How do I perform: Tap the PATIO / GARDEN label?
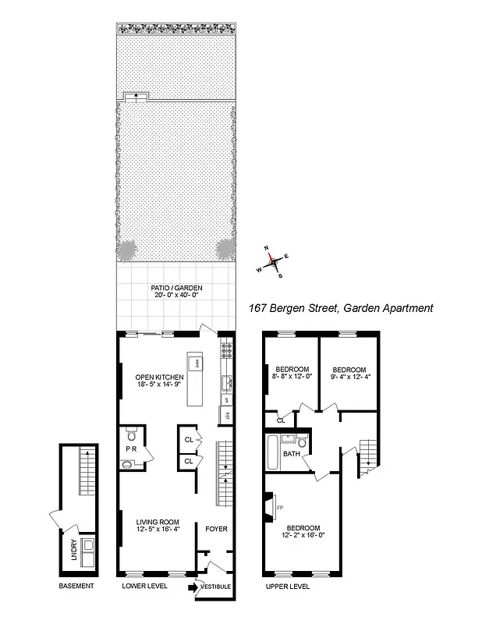pyautogui.click(x=177, y=288)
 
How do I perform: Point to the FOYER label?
pyautogui.click(x=216, y=529)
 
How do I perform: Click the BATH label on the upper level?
pyautogui.click(x=292, y=453)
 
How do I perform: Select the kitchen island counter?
pyautogui.click(x=195, y=381)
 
